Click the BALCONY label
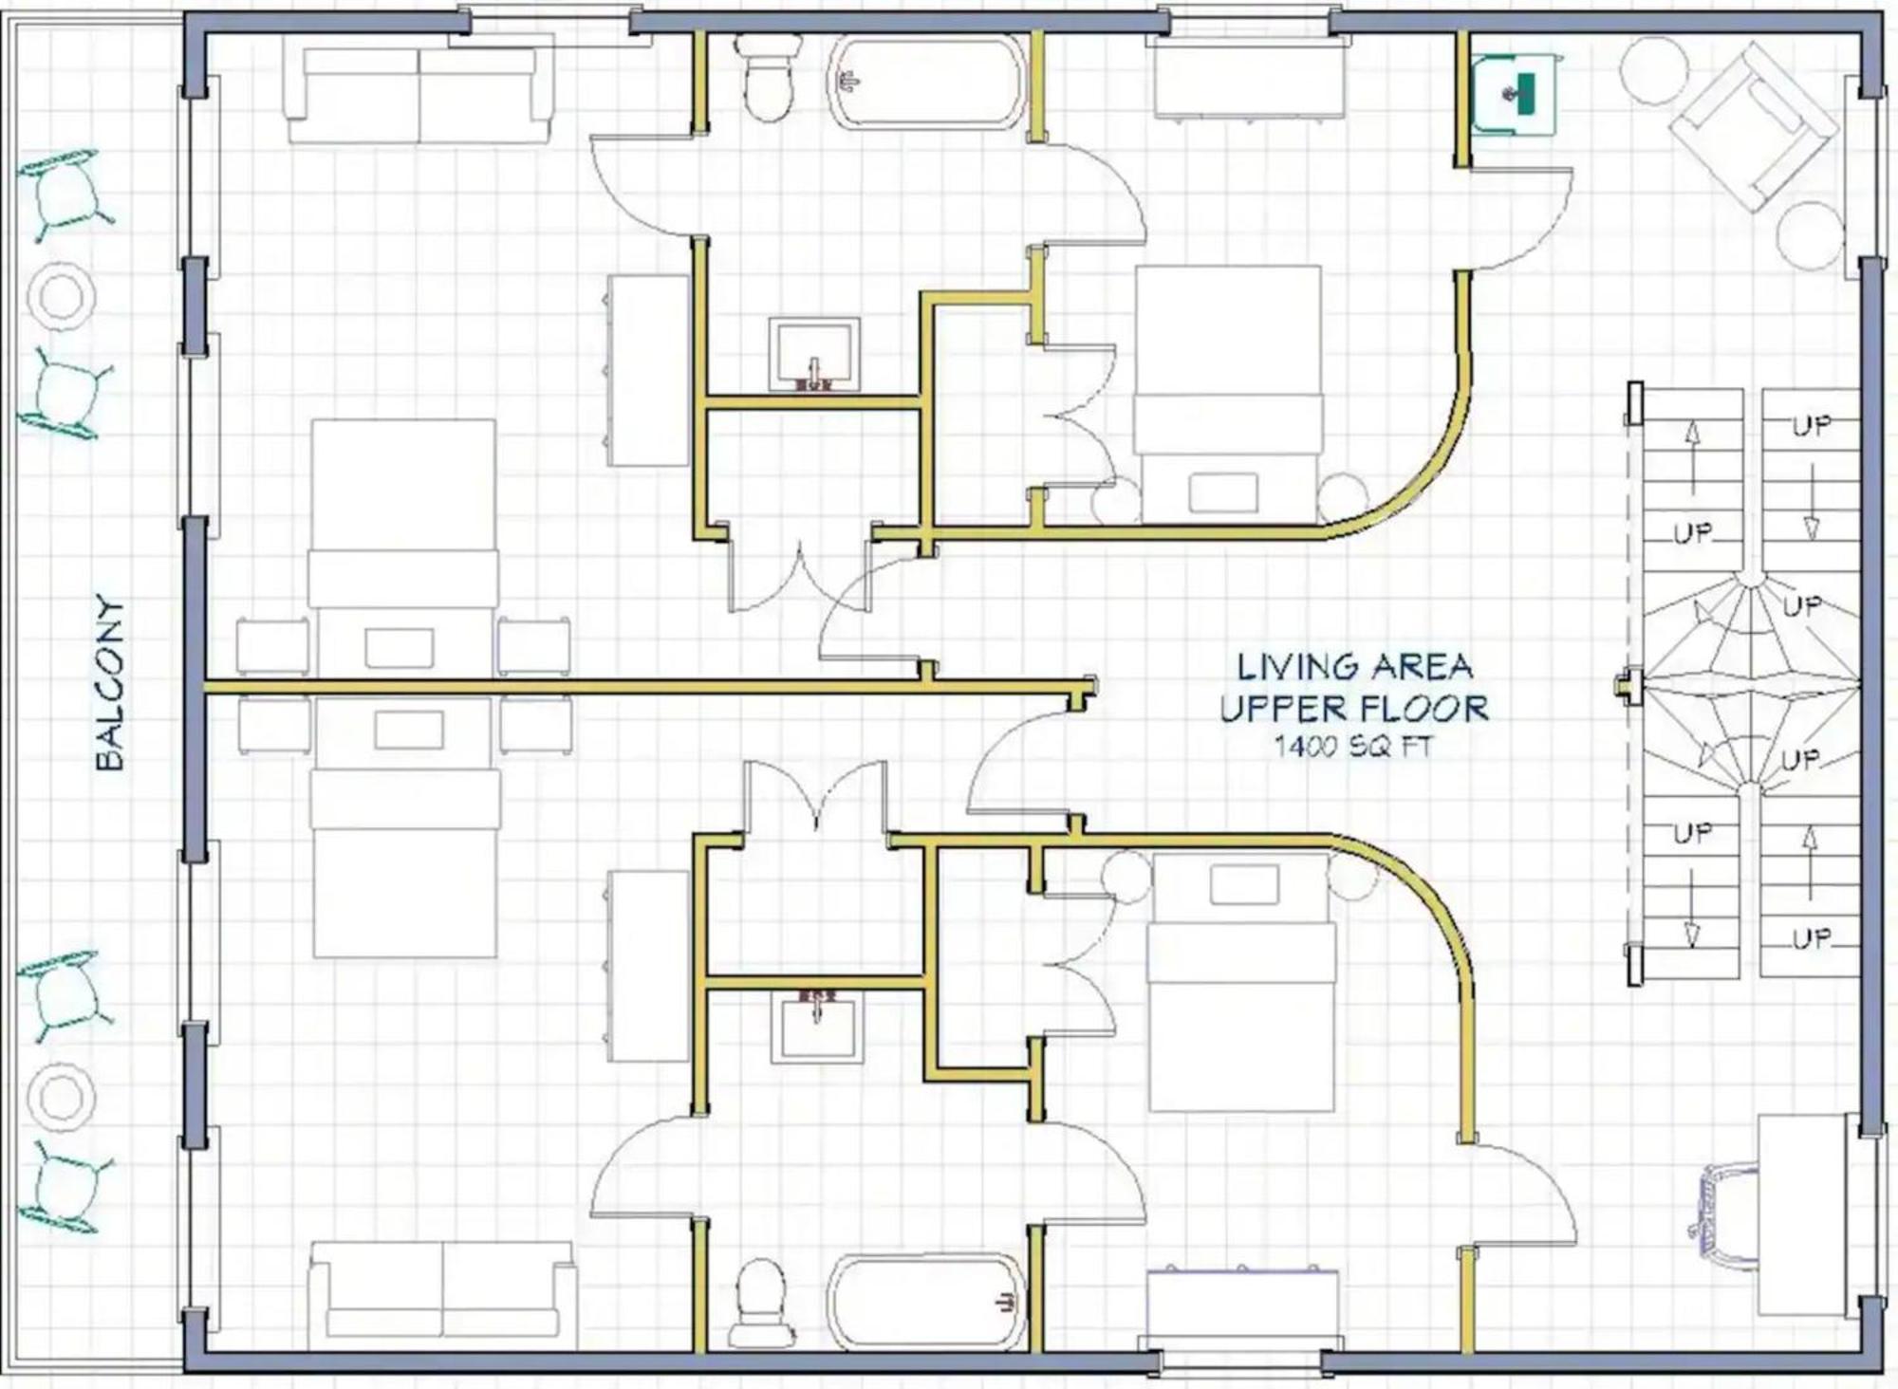point(110,682)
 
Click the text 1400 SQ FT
point(1352,746)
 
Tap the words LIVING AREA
point(1354,666)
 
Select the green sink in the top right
point(1515,93)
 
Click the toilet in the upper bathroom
point(768,78)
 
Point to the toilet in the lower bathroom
point(761,1304)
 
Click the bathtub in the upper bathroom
point(927,83)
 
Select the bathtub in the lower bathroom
point(926,1302)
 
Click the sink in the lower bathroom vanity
point(816,1026)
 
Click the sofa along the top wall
point(419,95)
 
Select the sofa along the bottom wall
point(442,1294)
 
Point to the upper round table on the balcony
point(62,296)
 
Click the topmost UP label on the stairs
point(1812,426)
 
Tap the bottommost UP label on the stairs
point(1812,938)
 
